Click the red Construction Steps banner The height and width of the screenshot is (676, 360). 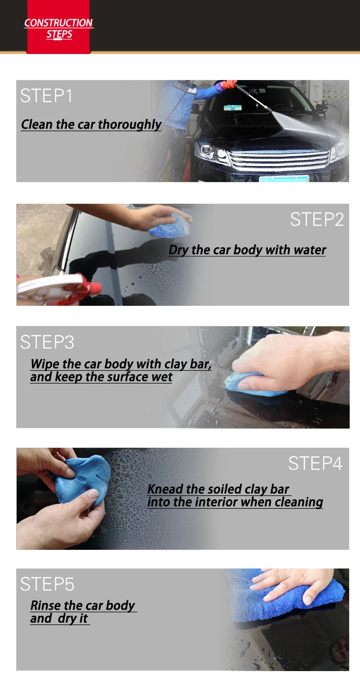[58, 27]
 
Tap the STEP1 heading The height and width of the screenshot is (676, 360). [46, 96]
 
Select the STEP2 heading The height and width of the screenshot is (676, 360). [317, 219]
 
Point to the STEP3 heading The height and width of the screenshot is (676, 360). [47, 342]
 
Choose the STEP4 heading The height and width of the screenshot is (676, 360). [315, 463]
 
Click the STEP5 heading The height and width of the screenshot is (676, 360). [47, 584]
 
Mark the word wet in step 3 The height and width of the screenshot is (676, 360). [162, 377]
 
